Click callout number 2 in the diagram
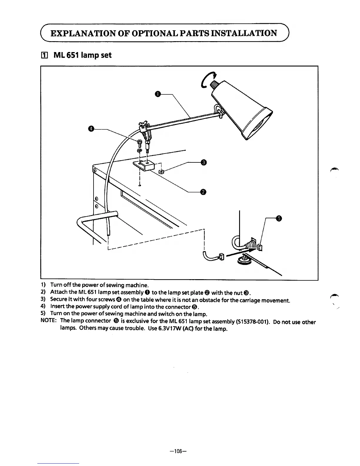coord(203,192)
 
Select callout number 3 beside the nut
coord(203,163)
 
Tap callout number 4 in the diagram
coord(91,129)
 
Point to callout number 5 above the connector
coord(279,218)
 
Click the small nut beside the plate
coord(161,171)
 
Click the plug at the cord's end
coord(221,257)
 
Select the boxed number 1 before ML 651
coord(44,55)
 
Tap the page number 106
coord(180,450)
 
